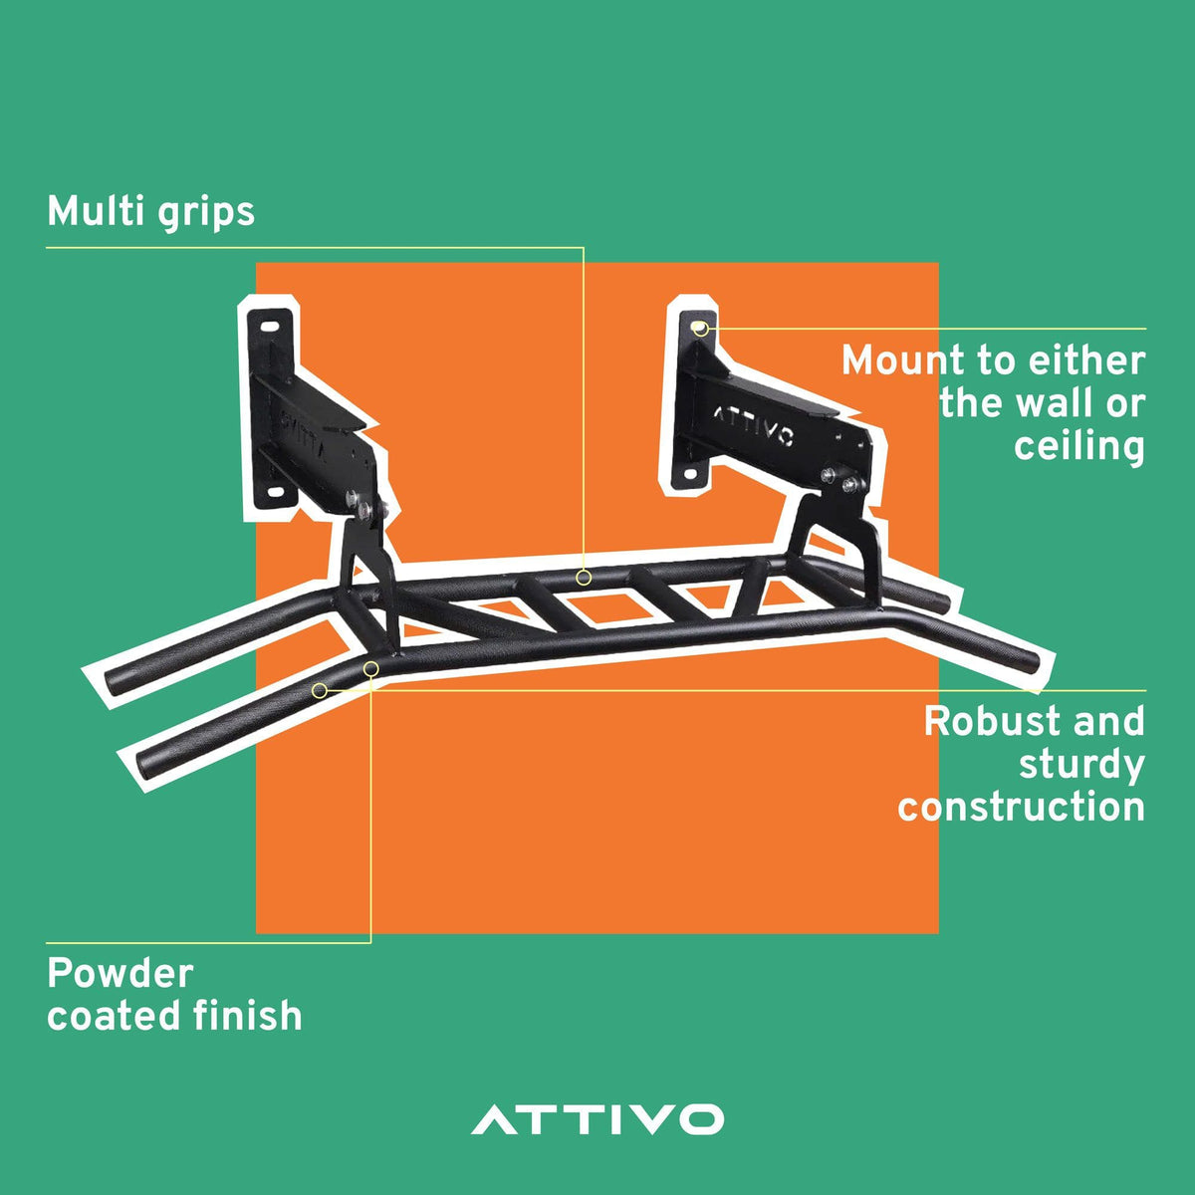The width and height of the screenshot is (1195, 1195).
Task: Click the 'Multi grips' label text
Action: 150,213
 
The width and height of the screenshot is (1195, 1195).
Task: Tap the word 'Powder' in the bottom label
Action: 120,973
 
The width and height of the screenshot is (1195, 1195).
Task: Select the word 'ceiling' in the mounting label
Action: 1079,446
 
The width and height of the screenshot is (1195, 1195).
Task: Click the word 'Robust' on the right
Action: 989,721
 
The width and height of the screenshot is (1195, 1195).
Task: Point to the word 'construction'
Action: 1021,807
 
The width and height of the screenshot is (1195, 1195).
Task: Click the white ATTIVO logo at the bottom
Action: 597,1118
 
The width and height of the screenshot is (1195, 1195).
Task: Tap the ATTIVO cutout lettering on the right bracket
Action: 753,425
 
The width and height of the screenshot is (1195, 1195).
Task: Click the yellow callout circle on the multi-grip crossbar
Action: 583,578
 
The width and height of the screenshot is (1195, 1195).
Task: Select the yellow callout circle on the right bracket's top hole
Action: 700,328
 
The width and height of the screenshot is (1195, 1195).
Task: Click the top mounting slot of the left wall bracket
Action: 270,327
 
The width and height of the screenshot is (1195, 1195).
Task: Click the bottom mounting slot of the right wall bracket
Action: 692,475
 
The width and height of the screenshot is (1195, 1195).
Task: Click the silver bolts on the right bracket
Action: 842,480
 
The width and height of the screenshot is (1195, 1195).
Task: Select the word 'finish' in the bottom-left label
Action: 247,1015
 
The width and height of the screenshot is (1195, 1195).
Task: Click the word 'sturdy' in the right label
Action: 1081,765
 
